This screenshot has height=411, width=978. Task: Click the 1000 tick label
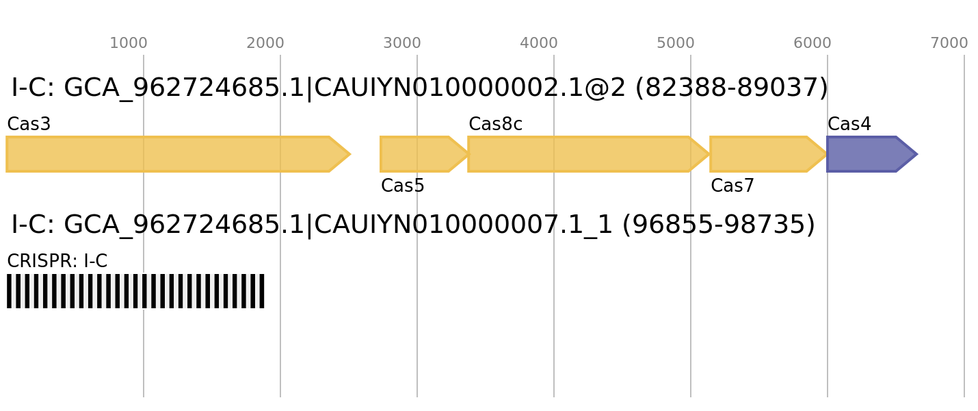[129, 43]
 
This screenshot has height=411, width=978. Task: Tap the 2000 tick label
[265, 43]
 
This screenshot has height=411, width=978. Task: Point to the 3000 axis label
[402, 43]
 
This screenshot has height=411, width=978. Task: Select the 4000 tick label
[539, 43]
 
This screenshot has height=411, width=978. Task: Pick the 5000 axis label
[676, 43]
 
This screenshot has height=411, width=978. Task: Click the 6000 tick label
[812, 43]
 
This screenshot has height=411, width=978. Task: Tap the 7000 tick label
[949, 43]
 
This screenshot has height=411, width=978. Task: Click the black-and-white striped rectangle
[135, 291]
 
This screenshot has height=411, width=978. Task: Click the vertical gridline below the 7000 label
[964, 274]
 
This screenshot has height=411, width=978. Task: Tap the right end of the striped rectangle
[264, 291]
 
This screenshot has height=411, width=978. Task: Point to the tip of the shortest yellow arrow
[468, 154]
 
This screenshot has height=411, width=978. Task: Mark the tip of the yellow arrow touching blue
[827, 154]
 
